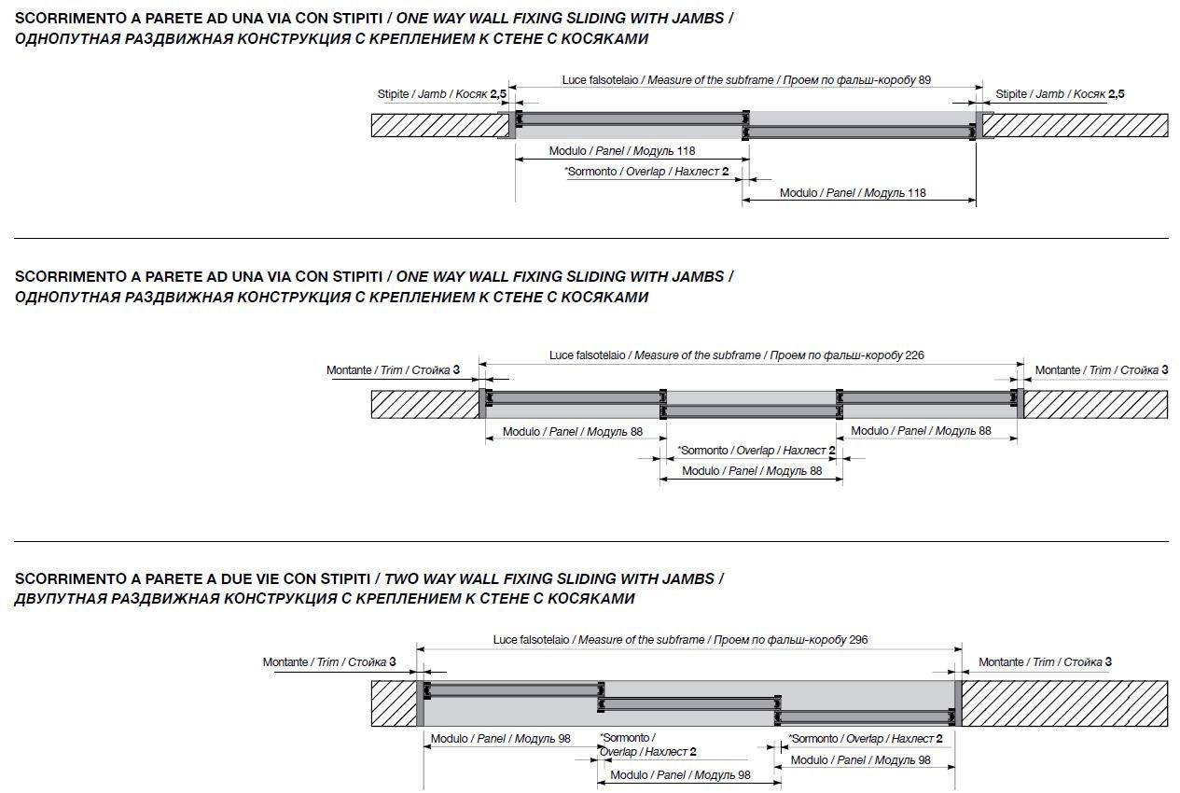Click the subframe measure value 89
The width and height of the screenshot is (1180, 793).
924,80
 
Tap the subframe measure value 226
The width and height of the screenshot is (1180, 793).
914,355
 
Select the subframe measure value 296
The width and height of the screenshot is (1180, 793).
858,640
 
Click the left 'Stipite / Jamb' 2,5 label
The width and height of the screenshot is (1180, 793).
441,94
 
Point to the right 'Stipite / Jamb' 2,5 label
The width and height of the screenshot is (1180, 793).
1060,94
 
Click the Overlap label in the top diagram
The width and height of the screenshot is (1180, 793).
646,172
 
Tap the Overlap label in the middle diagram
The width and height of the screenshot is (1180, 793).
756,451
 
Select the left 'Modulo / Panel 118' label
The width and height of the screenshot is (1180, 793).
622,151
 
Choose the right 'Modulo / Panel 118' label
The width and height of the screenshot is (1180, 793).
853,193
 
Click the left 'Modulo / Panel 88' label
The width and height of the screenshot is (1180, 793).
573,432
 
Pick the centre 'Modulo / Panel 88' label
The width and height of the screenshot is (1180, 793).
752,470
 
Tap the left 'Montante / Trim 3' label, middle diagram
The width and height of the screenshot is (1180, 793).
393,369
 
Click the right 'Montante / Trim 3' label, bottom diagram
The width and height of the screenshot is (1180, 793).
1045,661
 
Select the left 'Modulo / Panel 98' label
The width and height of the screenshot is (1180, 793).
500,738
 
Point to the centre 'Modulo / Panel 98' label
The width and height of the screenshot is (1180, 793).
680,775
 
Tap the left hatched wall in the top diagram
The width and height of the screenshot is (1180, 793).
440,125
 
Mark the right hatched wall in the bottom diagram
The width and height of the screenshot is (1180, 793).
1064,703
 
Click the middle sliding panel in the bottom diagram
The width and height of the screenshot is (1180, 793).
689,704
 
